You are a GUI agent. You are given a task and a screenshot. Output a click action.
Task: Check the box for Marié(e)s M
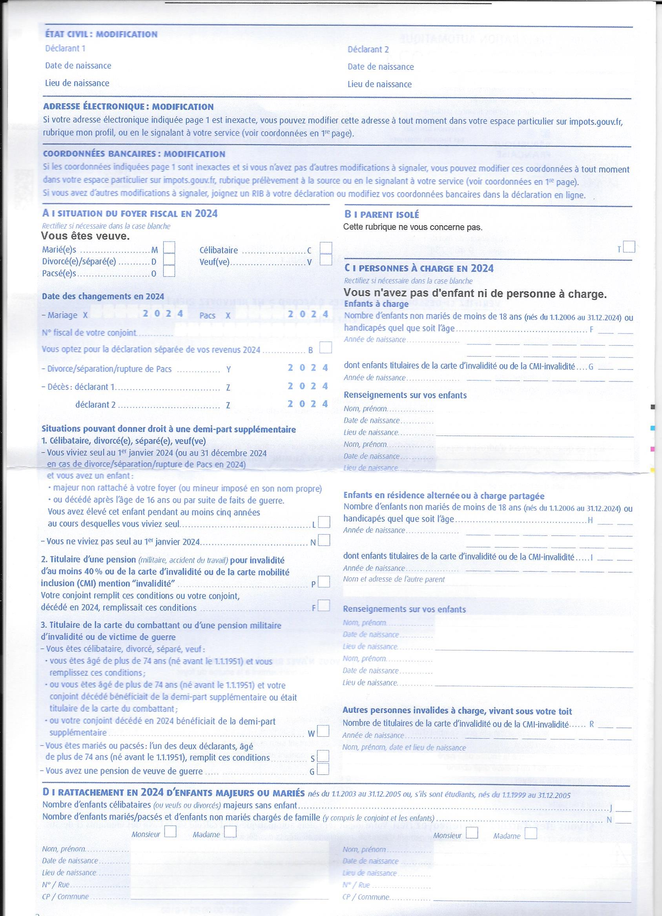tap(169, 247)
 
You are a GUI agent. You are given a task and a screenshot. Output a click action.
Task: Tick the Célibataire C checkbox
tap(326, 248)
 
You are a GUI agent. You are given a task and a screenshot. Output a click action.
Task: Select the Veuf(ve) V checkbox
tap(326, 259)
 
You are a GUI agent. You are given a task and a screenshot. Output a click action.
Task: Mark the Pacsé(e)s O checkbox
tap(169, 271)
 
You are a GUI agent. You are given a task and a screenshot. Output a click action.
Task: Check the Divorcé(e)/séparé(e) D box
tap(169, 259)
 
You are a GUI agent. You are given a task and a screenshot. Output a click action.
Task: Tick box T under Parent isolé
tap(629, 247)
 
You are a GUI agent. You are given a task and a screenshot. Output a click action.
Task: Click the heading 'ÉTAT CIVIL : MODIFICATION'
tap(101, 35)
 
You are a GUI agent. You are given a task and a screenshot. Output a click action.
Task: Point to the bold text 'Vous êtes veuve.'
tap(85, 236)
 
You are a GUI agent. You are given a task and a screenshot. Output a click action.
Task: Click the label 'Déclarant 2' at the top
tap(368, 49)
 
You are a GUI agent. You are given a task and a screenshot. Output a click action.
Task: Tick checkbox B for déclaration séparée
tap(326, 348)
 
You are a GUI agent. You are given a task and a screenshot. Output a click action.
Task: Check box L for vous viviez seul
tap(324, 522)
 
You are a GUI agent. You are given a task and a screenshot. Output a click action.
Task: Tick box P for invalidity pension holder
tap(324, 582)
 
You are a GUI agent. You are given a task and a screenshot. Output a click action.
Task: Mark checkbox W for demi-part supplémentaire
tap(323, 731)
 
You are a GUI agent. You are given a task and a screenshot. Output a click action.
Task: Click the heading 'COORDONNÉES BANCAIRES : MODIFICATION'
tap(134, 154)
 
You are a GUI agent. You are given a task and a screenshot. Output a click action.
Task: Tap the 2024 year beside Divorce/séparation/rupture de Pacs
tap(308, 368)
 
